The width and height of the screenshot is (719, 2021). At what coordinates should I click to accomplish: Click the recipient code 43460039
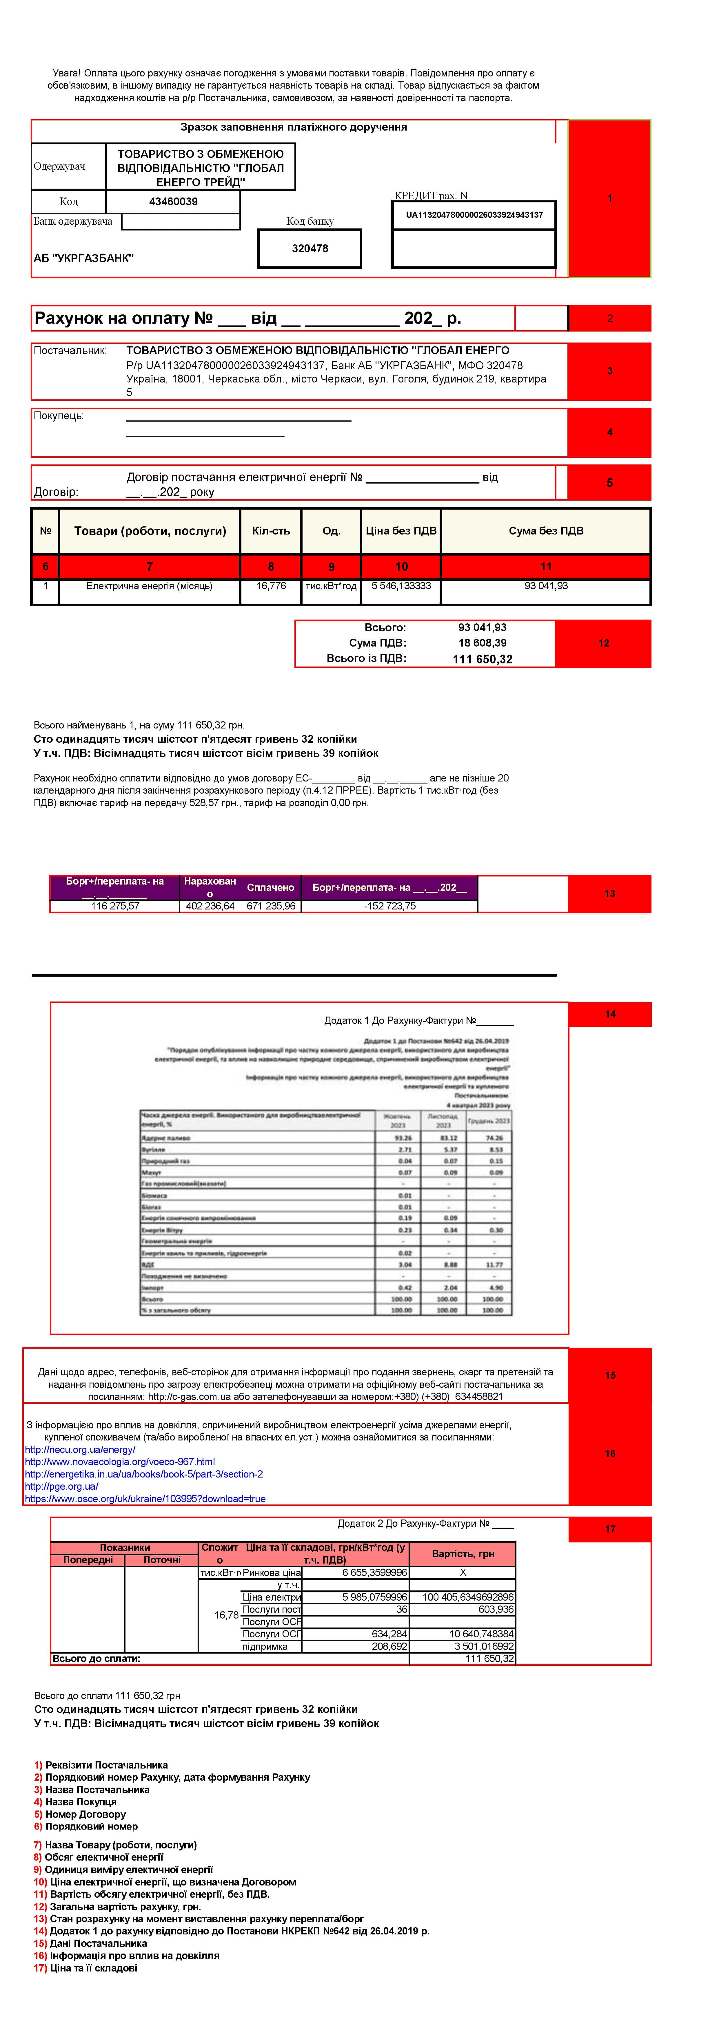tap(174, 202)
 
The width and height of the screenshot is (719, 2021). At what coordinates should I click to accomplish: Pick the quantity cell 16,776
tap(271, 586)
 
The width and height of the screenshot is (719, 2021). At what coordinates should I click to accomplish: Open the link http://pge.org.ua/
tap(61, 1486)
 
